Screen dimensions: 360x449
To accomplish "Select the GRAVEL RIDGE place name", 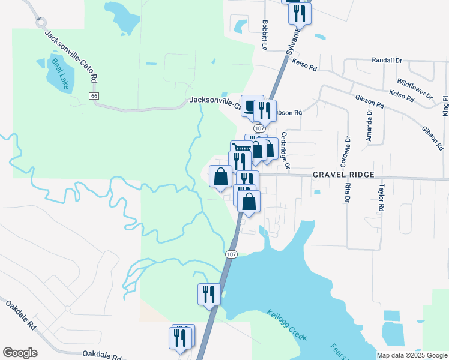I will pos(343,175).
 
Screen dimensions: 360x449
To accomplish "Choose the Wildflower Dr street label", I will pos(415,88).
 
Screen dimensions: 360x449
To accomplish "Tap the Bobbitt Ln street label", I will pos(265,35).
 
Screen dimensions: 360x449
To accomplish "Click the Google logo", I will pos(20,353).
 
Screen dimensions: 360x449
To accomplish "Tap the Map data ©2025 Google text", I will pos(411,355).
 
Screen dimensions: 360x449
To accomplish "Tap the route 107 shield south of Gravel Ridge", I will pos(232,254).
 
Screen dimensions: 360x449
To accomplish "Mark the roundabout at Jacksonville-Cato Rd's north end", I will pos(41,22).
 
